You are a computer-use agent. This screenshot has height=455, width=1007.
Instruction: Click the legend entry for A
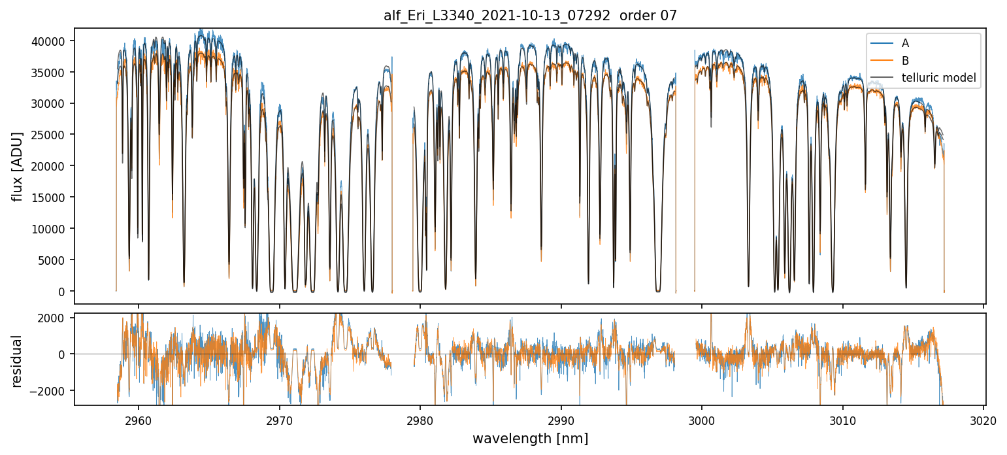(905, 43)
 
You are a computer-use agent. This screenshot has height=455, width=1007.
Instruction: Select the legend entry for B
(905, 61)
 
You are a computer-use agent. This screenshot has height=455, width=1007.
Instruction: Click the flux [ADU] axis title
(18, 166)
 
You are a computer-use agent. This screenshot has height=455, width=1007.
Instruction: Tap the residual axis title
(18, 361)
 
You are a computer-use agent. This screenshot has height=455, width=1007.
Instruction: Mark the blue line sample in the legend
(881, 43)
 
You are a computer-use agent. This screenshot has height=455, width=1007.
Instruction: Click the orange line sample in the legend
(881, 61)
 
